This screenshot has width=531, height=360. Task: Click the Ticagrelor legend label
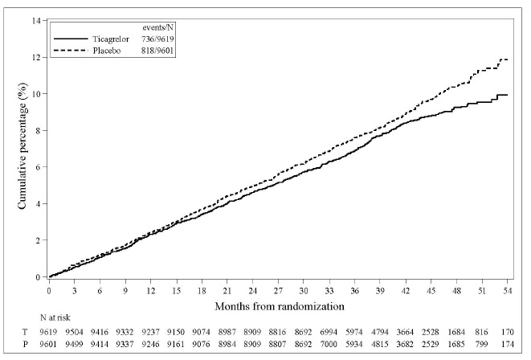(114, 39)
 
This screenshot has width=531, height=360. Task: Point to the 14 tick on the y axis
(36, 20)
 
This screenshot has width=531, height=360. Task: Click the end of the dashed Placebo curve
(508, 59)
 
